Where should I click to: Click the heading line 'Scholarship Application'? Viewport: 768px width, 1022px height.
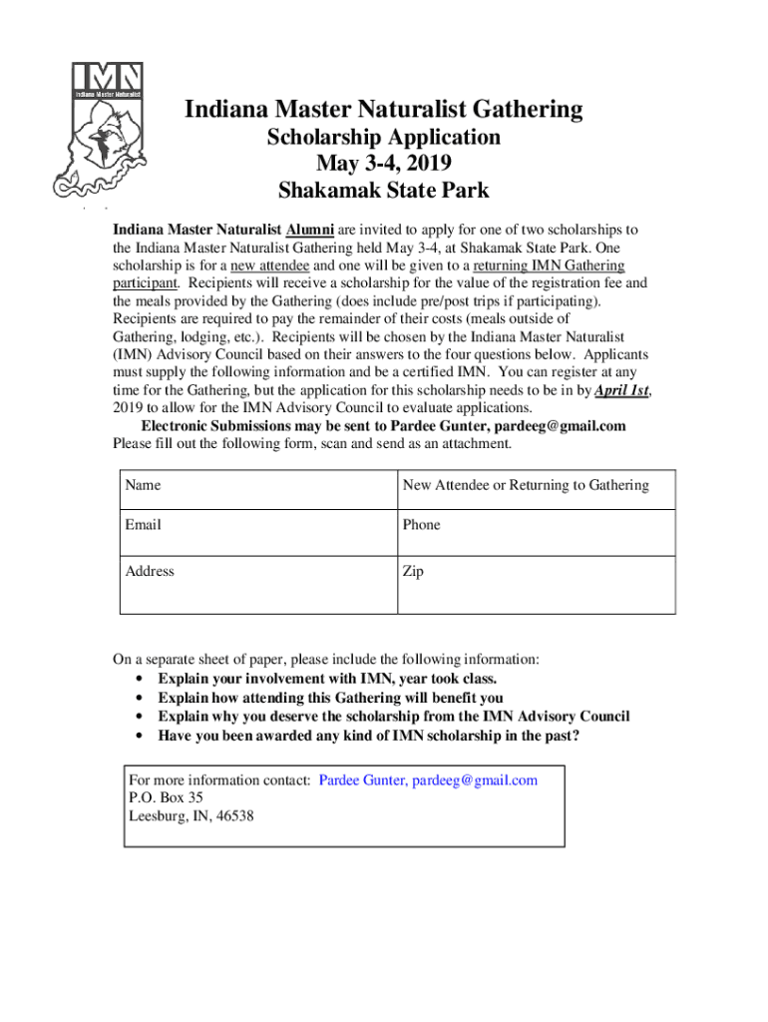383,138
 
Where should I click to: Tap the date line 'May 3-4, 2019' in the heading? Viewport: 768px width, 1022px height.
383,164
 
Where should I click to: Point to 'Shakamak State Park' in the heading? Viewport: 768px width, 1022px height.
383,190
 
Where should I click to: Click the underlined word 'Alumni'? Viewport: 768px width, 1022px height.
311,228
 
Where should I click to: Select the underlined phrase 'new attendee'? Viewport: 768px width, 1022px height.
269,265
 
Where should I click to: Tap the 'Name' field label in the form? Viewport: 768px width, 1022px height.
144,485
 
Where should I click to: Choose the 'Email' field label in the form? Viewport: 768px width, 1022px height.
144,524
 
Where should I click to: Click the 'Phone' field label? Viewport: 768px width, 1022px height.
421,524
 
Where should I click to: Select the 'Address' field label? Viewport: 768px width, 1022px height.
150,571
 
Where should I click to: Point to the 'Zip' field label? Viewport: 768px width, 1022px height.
414,571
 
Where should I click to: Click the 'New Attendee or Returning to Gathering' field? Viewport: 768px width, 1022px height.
526,485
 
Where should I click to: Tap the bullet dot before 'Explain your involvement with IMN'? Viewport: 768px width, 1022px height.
136,680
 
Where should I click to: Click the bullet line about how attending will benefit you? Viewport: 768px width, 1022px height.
330,698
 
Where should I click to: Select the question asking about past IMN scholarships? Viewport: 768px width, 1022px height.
369,736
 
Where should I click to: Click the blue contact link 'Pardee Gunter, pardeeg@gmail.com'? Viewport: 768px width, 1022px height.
428,779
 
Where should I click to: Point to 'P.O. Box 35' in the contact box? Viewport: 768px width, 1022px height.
167,797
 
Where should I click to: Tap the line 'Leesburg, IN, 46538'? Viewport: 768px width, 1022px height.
192,815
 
